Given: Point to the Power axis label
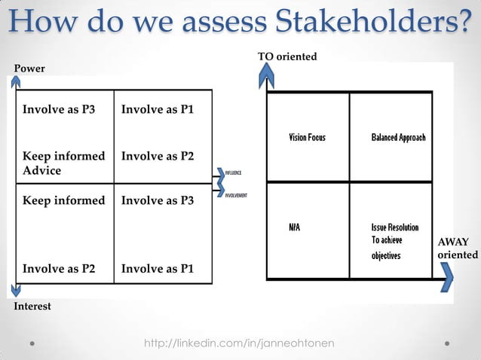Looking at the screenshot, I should tap(29, 69).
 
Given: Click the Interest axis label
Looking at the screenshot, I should tap(32, 307).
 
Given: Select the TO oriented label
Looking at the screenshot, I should tap(287, 56).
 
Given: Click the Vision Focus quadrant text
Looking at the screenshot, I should tap(308, 138).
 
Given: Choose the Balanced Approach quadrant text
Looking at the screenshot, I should tap(398, 138).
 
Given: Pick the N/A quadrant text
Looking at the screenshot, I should tap(295, 227).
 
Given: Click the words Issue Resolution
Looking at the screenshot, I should tap(394, 227).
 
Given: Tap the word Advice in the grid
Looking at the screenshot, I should tap(41, 170).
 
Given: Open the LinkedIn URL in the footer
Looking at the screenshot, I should tap(240, 343).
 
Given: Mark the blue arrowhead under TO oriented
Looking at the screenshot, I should tap(265, 72).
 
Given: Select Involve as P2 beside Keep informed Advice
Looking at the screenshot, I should tap(158, 156).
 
